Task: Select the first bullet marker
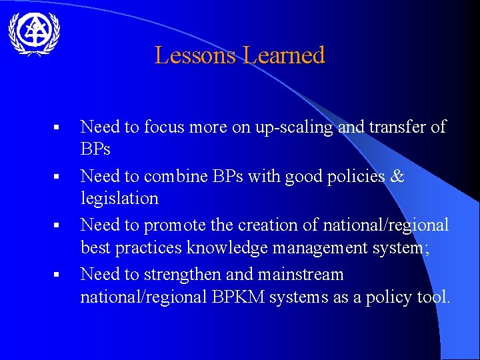coord(57,127)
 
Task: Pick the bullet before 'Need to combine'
coord(57,177)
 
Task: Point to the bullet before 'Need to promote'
coord(57,225)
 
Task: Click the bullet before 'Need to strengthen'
coord(57,275)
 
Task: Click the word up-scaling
coord(293,127)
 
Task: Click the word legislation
coord(119,199)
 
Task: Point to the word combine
coord(172,176)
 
